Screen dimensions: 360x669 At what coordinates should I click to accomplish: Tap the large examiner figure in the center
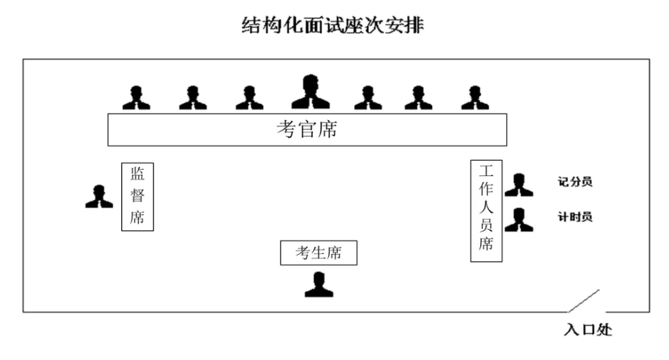(310, 93)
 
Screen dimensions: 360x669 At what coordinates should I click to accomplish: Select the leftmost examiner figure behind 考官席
(136, 98)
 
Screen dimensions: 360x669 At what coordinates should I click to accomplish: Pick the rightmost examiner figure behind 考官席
(475, 98)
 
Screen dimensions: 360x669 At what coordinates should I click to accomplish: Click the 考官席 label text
(306, 130)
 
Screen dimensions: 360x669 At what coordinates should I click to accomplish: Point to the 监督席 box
(137, 196)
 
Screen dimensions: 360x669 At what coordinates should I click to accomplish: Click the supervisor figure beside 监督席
(99, 196)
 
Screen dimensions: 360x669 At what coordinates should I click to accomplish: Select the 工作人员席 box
(486, 211)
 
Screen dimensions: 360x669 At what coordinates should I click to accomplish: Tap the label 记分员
(575, 182)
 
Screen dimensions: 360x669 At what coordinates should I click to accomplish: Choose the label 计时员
(575, 218)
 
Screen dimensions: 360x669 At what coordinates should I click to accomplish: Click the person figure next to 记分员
(519, 185)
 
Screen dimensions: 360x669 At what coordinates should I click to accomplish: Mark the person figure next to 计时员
(519, 220)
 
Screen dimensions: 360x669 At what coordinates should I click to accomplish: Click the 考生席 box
(318, 253)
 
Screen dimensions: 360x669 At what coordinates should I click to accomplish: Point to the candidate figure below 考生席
(318, 284)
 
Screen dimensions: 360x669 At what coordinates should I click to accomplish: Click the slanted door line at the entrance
(583, 301)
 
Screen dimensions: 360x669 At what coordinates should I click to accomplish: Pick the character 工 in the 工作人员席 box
(486, 171)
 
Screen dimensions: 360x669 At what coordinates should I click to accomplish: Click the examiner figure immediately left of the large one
(249, 98)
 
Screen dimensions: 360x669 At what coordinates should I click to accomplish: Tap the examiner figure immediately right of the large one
(367, 98)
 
